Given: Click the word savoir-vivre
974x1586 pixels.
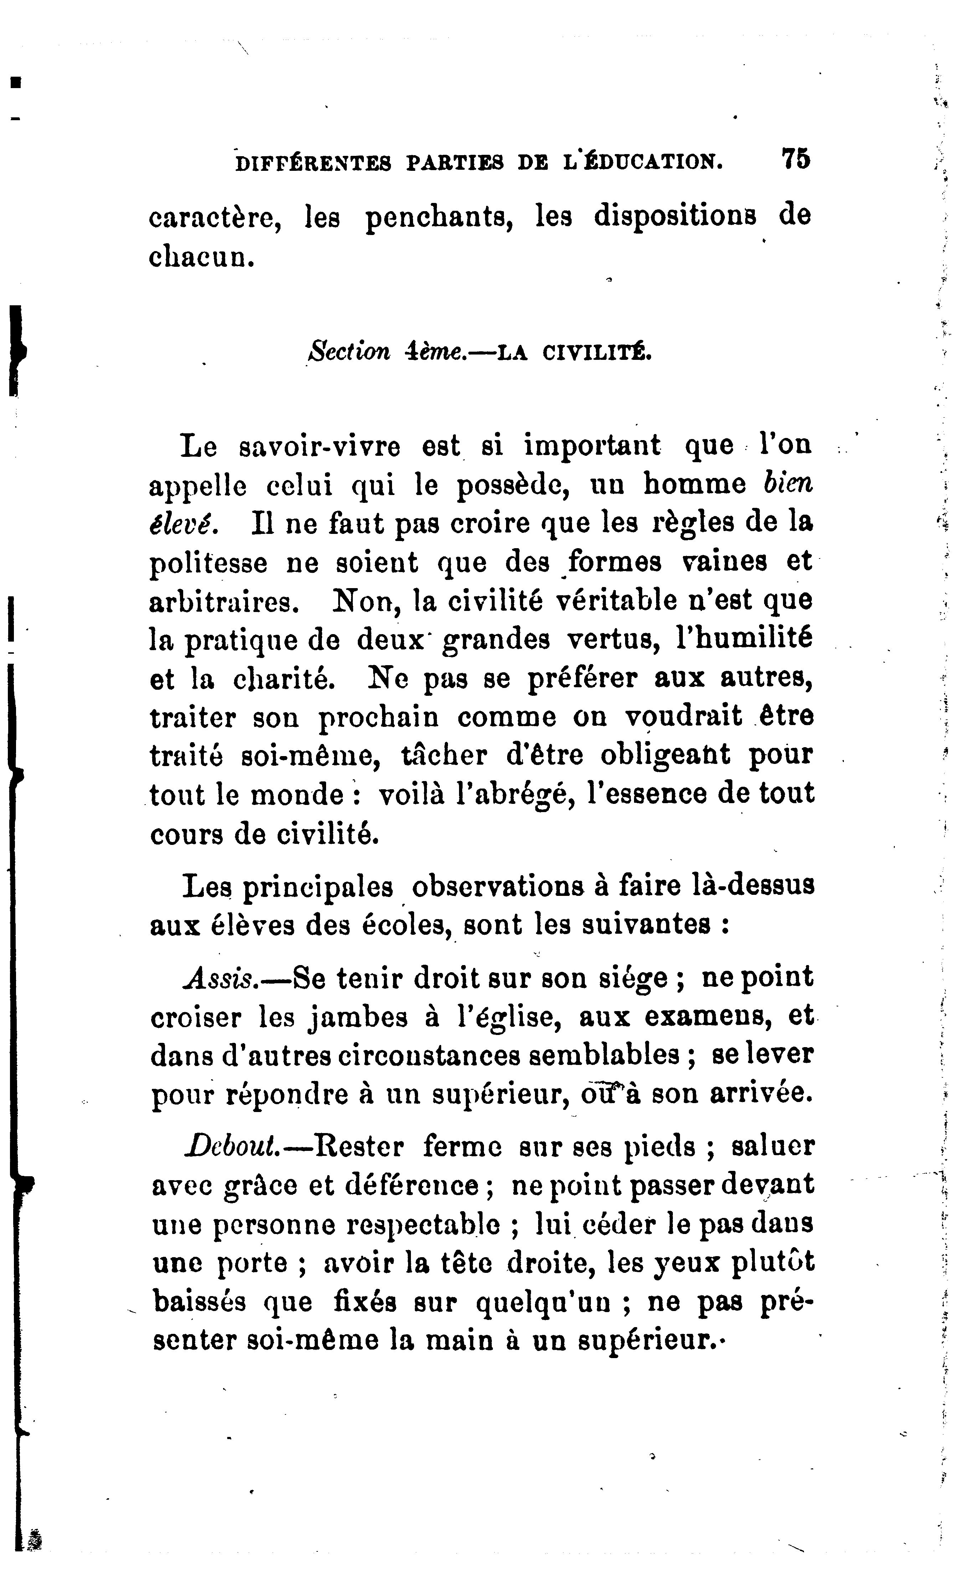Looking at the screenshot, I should [x=320, y=446].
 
